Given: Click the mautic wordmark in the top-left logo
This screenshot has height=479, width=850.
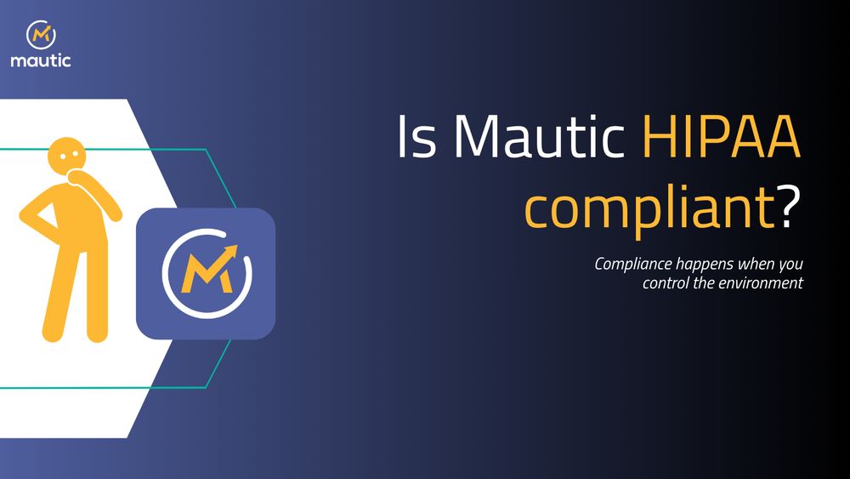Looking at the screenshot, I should [x=41, y=60].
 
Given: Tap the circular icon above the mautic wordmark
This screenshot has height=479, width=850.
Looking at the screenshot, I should [x=41, y=35].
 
